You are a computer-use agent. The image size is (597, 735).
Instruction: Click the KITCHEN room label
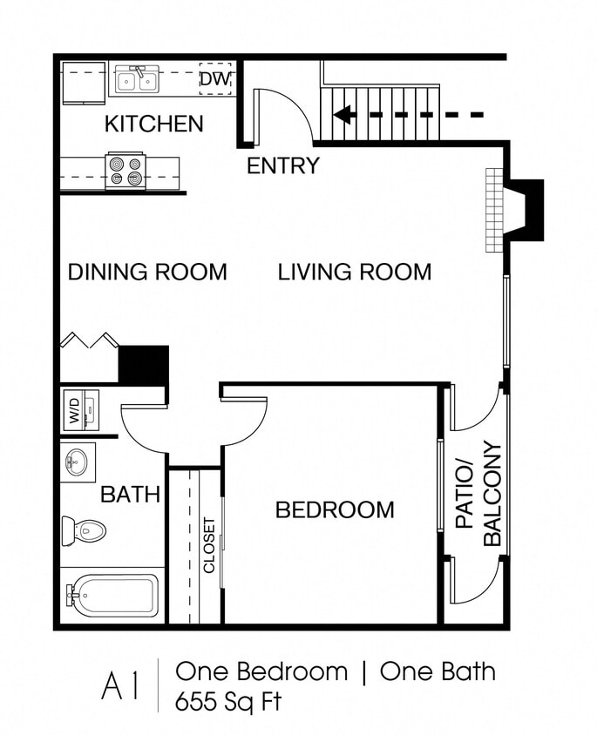153,125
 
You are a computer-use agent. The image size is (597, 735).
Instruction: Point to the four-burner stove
125,171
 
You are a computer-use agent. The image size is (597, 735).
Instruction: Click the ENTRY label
282,165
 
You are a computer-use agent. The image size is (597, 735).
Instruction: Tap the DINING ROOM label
147,272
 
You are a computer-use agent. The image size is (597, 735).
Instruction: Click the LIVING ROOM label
354,272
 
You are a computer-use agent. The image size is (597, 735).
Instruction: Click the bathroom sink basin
78,461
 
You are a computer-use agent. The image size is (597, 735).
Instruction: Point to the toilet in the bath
84,529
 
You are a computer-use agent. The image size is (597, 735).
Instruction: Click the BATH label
130,495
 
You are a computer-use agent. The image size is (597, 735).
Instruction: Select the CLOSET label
209,545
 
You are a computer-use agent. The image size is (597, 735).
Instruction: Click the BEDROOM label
335,509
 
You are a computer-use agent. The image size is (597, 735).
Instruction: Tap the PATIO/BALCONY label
478,496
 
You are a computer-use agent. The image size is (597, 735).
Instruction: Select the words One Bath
438,671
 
